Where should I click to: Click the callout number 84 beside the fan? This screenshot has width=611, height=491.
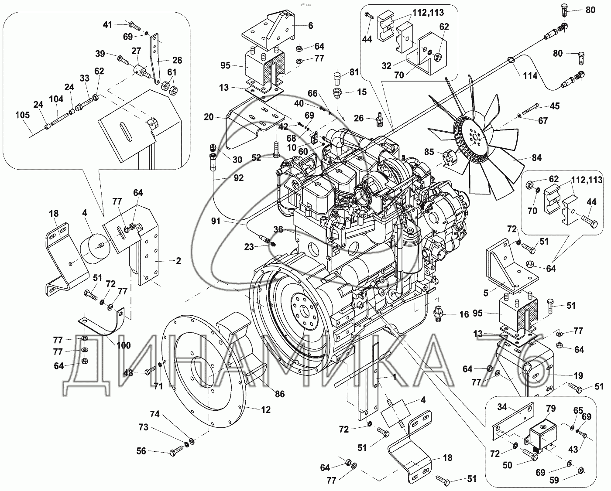pyautogui.click(x=537, y=158)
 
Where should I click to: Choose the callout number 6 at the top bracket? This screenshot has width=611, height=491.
pyautogui.click(x=310, y=26)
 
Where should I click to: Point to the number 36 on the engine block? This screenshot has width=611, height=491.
pyautogui.click(x=278, y=229)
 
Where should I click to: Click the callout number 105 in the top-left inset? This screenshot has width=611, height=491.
pyautogui.click(x=22, y=115)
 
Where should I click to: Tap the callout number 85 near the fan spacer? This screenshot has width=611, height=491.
pyautogui.click(x=429, y=152)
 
